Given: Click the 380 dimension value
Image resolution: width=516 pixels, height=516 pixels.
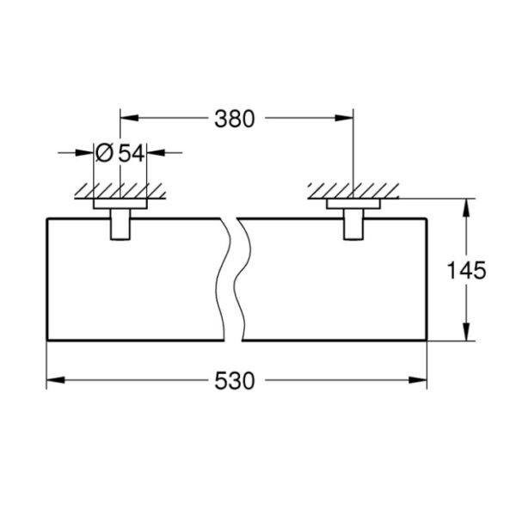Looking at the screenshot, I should point(234,120).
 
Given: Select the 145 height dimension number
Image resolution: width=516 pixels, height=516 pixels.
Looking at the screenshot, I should point(468,271).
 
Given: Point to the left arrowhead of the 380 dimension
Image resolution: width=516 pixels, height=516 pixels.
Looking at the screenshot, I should point(124,120).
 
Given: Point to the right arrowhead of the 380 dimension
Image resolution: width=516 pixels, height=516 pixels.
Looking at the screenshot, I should point(347,120).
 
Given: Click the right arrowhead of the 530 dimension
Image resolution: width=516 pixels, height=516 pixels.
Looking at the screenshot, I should point(422,379).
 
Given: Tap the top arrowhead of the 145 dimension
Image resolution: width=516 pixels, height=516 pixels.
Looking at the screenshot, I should point(466,206).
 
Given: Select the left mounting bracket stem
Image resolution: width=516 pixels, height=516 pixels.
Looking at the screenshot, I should point(120,225).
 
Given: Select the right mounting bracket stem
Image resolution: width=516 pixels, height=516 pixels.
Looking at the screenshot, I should point(353,225).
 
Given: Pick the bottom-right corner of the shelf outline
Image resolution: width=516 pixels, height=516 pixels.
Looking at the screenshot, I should point(428,341).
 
